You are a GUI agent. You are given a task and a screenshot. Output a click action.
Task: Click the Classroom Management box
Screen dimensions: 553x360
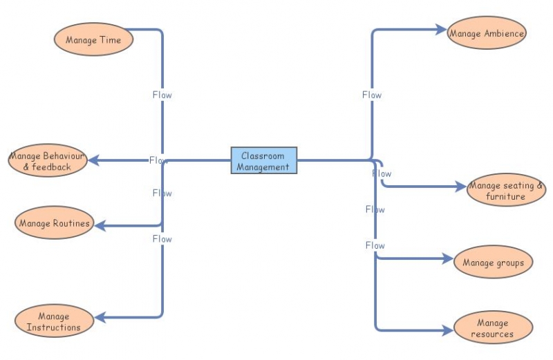pyautogui.click(x=264, y=160)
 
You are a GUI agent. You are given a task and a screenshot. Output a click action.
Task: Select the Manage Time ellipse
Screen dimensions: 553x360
pyautogui.click(x=93, y=39)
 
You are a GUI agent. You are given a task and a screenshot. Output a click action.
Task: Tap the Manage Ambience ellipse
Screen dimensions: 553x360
pyautogui.click(x=487, y=32)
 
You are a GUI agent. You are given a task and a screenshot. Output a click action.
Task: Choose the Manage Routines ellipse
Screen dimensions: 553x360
pyautogui.click(x=55, y=222)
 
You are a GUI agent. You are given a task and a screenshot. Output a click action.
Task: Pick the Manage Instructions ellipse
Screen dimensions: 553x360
pyautogui.click(x=54, y=321)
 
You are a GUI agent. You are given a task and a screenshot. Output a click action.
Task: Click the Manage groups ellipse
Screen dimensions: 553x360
pyautogui.click(x=493, y=262)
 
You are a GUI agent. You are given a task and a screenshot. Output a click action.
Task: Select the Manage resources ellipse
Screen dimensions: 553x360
pyautogui.click(x=493, y=328)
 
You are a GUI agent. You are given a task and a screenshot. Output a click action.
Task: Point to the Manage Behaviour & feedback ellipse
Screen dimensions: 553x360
pyautogui.click(x=48, y=160)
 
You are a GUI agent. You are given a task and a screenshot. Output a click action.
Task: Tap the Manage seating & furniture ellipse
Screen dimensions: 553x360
pyautogui.click(x=506, y=190)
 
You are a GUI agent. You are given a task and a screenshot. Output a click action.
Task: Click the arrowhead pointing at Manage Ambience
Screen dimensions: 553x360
pyautogui.click(x=442, y=30)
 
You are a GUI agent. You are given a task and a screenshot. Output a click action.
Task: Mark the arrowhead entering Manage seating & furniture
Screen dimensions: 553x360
pyautogui.click(x=461, y=187)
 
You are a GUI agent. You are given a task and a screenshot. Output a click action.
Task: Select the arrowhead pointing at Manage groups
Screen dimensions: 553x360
pyautogui.click(x=448, y=259)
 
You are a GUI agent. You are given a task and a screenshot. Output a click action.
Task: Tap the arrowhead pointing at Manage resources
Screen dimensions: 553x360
pyautogui.click(x=448, y=330)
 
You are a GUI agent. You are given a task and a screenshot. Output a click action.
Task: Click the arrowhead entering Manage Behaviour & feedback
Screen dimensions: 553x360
pyautogui.click(x=93, y=160)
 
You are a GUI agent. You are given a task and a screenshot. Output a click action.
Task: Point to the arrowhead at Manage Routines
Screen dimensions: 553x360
pyautogui.click(x=100, y=226)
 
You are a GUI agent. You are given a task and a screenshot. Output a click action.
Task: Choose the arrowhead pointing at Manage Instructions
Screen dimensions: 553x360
pyautogui.click(x=100, y=317)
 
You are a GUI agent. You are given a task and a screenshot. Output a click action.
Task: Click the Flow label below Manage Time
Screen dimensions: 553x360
pyautogui.click(x=162, y=95)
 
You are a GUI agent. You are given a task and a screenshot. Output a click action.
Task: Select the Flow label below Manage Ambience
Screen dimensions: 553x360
pyautogui.click(x=372, y=95)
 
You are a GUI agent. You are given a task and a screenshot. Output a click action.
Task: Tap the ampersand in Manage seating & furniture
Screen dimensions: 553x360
pyautogui.click(x=540, y=185)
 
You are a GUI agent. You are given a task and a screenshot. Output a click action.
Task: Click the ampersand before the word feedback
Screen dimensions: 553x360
pyautogui.click(x=26, y=167)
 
